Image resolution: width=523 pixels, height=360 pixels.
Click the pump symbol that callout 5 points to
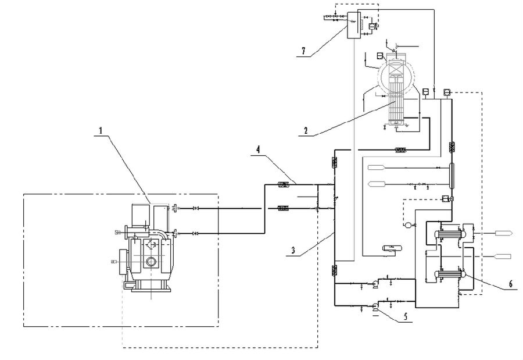pos(375,305)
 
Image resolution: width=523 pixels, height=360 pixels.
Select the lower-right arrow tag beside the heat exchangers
pos(501,256)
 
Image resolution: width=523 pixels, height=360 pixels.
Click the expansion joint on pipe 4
pos(284,185)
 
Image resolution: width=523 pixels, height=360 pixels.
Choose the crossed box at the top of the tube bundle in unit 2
pos(395,68)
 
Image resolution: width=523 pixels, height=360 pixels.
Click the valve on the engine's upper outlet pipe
pos(195,208)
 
